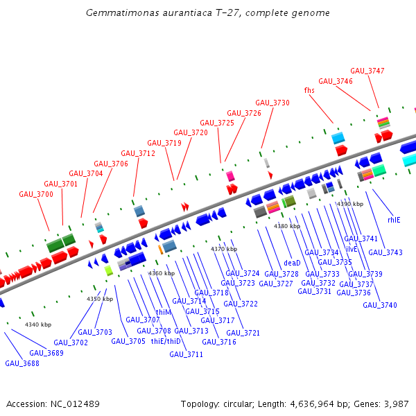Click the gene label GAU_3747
(367, 71)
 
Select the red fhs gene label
(309, 90)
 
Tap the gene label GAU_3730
(272, 103)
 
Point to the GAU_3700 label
(36, 195)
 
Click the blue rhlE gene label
(394, 220)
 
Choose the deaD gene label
(292, 263)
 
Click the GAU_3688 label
(22, 363)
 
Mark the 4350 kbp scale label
(99, 299)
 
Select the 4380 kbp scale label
(287, 226)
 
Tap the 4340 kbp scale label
(38, 324)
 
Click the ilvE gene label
(352, 248)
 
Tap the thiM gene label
(163, 312)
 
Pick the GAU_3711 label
(186, 354)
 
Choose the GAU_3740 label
(380, 305)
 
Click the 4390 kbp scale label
(349, 204)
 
